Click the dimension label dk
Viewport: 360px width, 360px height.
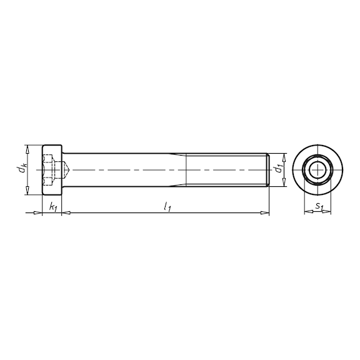pyautogui.click(x=22, y=168)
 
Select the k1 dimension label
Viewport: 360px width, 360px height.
pyautogui.click(x=52, y=206)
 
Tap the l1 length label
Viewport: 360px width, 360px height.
pyautogui.click(x=167, y=206)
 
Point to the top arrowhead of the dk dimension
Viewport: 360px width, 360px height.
pyautogui.click(x=27, y=148)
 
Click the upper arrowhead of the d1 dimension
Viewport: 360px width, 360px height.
pyautogui.click(x=285, y=156)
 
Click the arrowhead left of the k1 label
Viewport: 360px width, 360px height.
pyautogui.click(x=38, y=214)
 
